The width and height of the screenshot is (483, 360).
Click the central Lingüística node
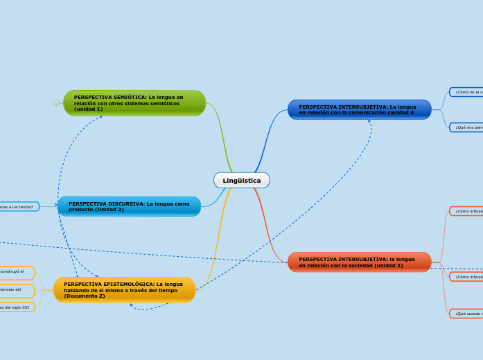coord(242,180)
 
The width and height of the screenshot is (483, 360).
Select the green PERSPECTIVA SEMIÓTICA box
coord(134,103)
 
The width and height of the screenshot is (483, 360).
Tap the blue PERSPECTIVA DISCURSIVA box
coord(129,206)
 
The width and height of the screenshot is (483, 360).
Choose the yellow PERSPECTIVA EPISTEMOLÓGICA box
coord(124,290)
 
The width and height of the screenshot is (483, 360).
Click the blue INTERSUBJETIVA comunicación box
coord(359,109)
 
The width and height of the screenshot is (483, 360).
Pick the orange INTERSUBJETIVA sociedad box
coord(359,262)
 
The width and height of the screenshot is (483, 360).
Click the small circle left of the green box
coord(56,103)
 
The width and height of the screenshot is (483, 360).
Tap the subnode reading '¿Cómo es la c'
coord(467,92)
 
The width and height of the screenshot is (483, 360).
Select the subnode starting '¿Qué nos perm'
coord(467,127)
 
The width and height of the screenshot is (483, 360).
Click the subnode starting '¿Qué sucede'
coord(467,314)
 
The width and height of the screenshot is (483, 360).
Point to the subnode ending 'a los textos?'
coord(18,206)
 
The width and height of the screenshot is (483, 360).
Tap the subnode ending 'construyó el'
coord(17,272)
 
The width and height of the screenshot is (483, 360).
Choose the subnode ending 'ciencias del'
coord(17,289)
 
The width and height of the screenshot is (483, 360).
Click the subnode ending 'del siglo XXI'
coord(17,307)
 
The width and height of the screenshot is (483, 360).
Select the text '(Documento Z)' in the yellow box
coord(85,296)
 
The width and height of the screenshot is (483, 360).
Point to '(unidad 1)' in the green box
coord(89,109)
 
